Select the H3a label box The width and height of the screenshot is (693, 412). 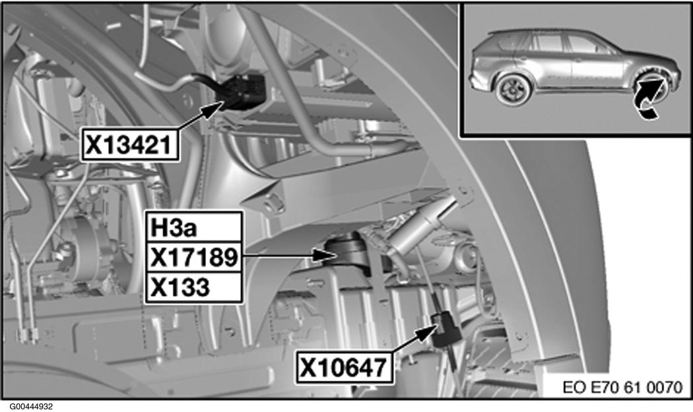coord(193,227)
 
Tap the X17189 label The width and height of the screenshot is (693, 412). coord(193,257)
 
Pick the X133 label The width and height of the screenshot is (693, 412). coord(193,287)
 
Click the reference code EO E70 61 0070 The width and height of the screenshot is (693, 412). coord(622,387)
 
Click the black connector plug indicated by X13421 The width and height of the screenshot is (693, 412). coord(241,92)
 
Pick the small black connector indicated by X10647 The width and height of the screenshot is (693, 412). coord(445,329)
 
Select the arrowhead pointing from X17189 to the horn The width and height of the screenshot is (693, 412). coord(325,255)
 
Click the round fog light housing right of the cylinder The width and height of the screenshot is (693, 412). coord(466,259)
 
